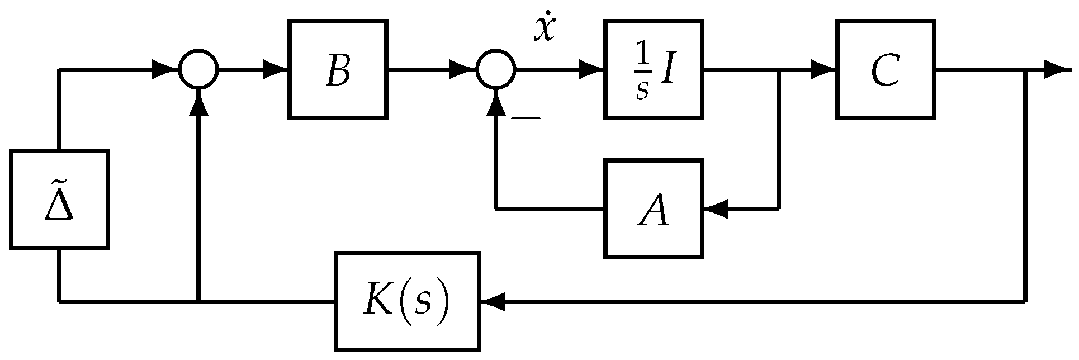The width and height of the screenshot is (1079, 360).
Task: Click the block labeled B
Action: coord(338,70)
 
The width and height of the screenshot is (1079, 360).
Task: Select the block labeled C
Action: coord(886,70)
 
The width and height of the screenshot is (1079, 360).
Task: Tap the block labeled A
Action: coord(653,209)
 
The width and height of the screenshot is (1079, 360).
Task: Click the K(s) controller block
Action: coord(407,302)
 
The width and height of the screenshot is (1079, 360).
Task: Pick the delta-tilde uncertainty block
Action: coord(59,200)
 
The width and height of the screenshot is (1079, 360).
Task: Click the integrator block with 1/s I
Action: coord(653,70)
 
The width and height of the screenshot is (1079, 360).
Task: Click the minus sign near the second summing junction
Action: coord(526,118)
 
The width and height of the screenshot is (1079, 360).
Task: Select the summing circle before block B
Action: coord(198,70)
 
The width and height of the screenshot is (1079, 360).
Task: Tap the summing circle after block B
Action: coord(496,70)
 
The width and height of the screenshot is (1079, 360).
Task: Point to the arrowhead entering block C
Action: coord(824,70)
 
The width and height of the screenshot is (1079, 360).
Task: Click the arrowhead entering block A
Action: coord(716,209)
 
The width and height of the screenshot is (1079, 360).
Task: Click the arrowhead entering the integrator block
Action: coord(591,70)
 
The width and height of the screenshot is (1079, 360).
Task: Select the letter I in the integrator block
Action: coord(668,72)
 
